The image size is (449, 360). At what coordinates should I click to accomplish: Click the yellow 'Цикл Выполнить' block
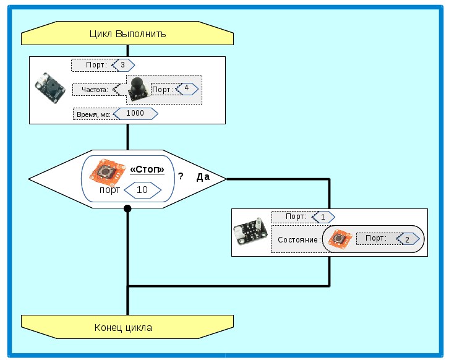[x=127, y=34]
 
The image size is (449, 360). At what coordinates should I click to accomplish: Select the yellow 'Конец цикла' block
[x=127, y=327]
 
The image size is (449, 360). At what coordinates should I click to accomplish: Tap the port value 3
[x=123, y=64]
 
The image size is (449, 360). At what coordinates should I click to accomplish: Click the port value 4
[x=186, y=88]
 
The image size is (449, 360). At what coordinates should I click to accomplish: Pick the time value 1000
[x=134, y=114]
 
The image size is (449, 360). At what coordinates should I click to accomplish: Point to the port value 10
[x=142, y=190]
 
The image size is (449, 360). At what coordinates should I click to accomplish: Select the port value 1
[x=323, y=217]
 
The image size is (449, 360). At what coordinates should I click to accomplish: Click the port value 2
[x=406, y=239]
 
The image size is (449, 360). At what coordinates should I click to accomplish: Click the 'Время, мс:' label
[x=92, y=114]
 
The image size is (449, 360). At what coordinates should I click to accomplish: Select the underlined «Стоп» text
[x=147, y=169]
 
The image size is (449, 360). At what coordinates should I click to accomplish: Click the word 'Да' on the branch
[x=203, y=177]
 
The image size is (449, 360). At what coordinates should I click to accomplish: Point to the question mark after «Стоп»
[x=181, y=176]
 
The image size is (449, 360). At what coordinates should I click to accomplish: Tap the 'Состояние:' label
[x=299, y=239]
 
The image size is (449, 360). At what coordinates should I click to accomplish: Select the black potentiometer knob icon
[x=138, y=90]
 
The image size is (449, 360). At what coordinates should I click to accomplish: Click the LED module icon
[x=250, y=233]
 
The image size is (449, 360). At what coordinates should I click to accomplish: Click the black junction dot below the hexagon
[x=127, y=208]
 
